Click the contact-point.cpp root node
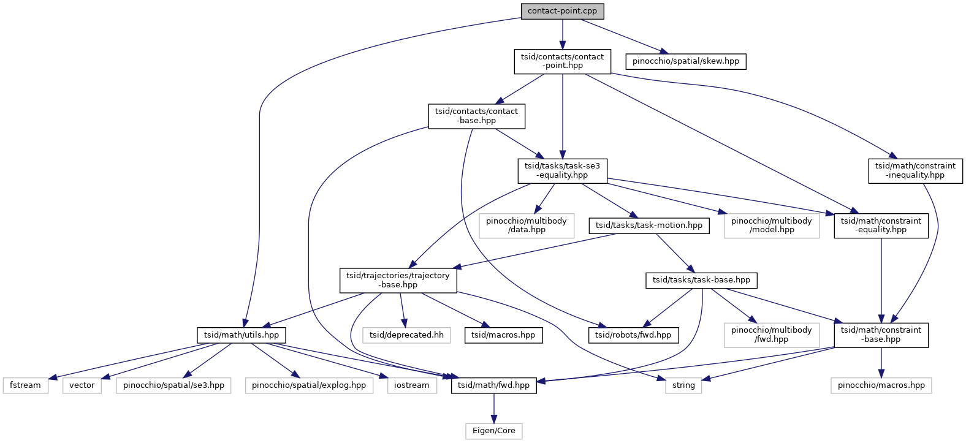(562, 11)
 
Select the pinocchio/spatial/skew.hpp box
(685, 61)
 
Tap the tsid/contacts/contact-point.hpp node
(562, 61)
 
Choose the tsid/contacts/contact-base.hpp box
(476, 116)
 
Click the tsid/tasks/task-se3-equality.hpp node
(562, 170)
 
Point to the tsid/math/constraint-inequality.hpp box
(915, 170)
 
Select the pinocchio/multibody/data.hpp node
(526, 225)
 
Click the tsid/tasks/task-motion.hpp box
(648, 225)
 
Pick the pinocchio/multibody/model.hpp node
(771, 225)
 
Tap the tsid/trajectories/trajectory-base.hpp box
(398, 280)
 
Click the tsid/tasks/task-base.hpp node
(701, 280)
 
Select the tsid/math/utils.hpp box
(241, 335)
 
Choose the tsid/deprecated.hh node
(406, 335)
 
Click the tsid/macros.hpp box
(503, 335)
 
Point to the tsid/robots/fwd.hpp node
(633, 335)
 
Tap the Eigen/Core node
(493, 431)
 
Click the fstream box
(25, 385)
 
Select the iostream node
(411, 385)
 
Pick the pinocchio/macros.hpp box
(881, 385)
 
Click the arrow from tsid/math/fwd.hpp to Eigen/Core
(493, 408)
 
